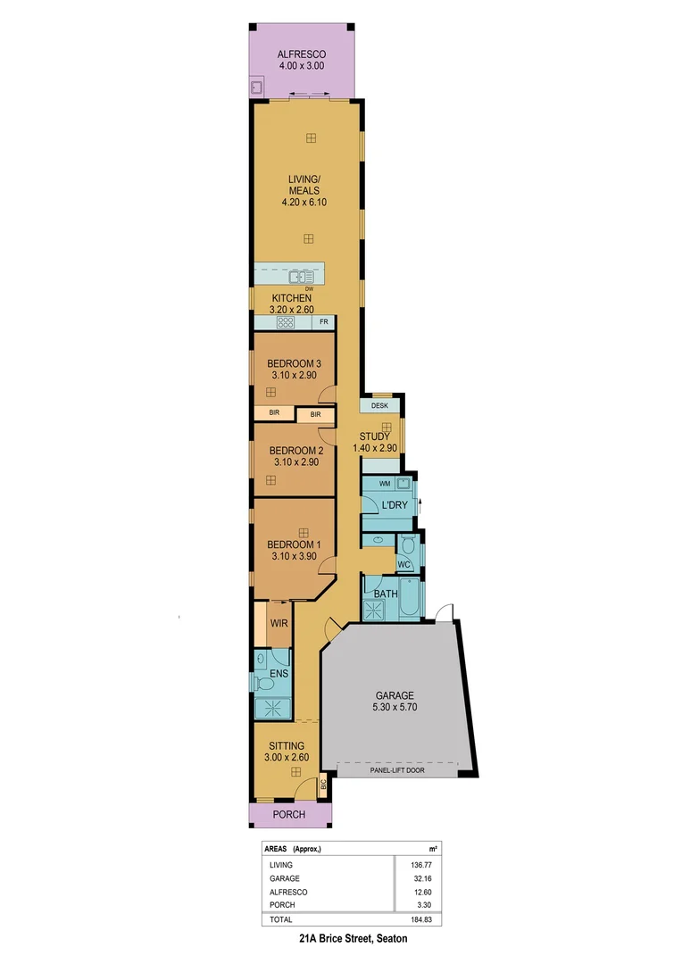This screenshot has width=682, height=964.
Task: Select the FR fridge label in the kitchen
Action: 324,321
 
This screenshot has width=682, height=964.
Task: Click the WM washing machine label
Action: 385,484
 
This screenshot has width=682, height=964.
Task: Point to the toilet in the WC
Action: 408,545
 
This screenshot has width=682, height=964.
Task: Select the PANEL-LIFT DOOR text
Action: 396,769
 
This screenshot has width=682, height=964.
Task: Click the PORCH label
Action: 289,814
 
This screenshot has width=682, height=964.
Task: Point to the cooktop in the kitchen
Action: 286,322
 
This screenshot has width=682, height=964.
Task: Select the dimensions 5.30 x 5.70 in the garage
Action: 395,707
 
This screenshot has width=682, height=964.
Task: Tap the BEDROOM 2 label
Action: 295,451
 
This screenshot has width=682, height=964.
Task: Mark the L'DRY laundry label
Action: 394,506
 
